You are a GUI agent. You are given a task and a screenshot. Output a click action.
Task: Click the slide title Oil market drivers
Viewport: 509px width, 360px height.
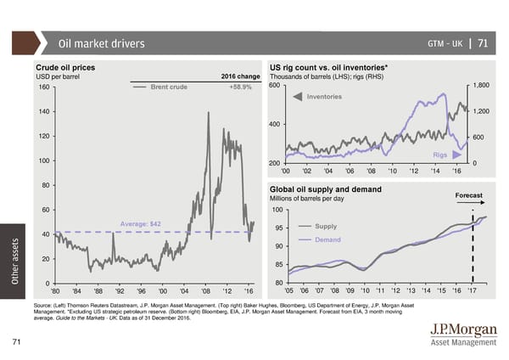tap(101, 44)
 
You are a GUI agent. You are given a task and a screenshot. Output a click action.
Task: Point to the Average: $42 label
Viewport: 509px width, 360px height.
tap(141, 223)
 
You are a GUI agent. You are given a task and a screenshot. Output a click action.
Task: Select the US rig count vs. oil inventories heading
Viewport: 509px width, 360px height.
tap(328, 65)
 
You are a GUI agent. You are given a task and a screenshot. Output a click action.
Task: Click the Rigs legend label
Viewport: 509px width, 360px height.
tap(439, 155)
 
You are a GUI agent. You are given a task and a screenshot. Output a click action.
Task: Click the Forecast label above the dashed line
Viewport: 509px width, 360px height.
tap(468, 195)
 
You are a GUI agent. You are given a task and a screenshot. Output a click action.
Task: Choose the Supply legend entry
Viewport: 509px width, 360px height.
tap(326, 226)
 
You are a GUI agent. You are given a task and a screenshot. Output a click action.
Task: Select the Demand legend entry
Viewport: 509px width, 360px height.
tap(327, 239)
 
